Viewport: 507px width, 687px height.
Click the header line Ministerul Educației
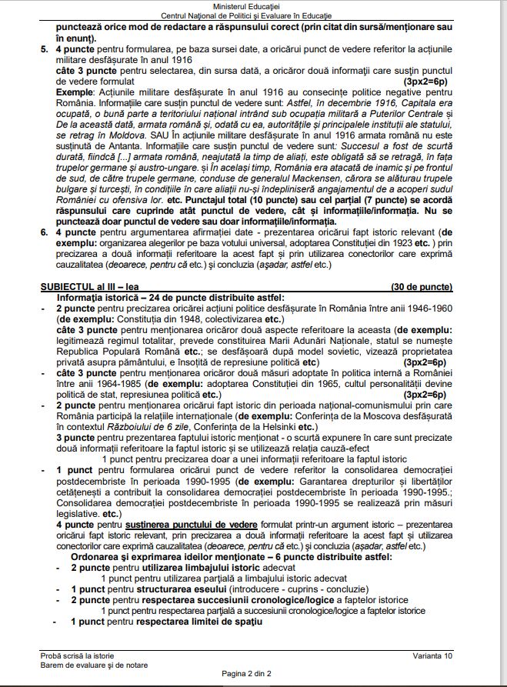point(253,5)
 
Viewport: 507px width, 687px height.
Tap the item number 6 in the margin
point(44,231)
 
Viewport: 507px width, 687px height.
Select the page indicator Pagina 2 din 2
point(253,673)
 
